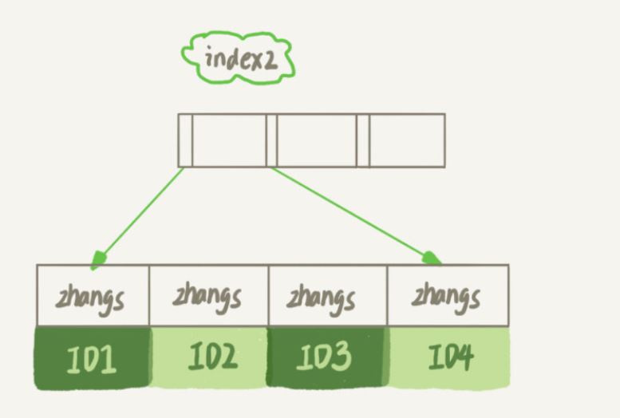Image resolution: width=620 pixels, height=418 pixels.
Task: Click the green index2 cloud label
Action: (238, 57)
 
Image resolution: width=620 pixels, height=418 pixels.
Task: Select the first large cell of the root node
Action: (229, 140)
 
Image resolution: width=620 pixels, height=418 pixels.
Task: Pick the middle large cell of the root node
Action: (317, 140)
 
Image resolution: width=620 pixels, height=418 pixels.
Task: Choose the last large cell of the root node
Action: (406, 140)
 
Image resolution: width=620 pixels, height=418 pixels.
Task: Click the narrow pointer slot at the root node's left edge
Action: (185, 140)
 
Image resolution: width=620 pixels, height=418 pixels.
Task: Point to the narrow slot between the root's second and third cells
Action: (363, 140)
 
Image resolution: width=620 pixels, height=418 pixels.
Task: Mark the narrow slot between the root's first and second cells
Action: (271, 140)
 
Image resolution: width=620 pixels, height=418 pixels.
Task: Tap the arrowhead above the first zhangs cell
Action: (99, 259)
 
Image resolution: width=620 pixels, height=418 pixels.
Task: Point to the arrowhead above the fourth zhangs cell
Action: (432, 258)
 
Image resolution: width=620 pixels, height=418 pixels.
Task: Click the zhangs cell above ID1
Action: (93, 296)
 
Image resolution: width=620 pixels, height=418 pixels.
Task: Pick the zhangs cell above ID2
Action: (208, 296)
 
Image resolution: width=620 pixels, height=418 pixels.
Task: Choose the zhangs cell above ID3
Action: (327, 296)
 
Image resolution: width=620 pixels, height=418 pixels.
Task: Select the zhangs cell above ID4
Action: (447, 296)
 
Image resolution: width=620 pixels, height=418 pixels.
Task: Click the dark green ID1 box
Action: (93, 357)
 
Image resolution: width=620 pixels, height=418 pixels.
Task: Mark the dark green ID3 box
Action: (327, 357)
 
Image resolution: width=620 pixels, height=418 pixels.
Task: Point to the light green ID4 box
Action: (448, 357)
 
